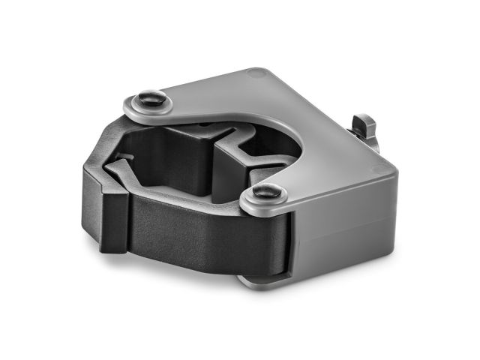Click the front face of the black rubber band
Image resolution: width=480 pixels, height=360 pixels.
click(x=202, y=229)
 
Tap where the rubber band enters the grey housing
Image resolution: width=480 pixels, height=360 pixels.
click(x=289, y=232)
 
